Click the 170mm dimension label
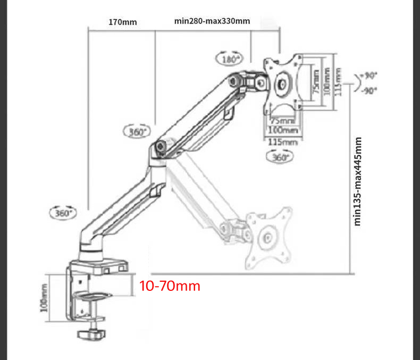tap(122, 22)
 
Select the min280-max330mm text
tap(212, 21)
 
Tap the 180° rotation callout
tap(230, 59)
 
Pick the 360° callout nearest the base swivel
tap(63, 213)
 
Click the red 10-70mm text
tap(170, 286)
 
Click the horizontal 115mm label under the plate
tap(282, 142)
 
